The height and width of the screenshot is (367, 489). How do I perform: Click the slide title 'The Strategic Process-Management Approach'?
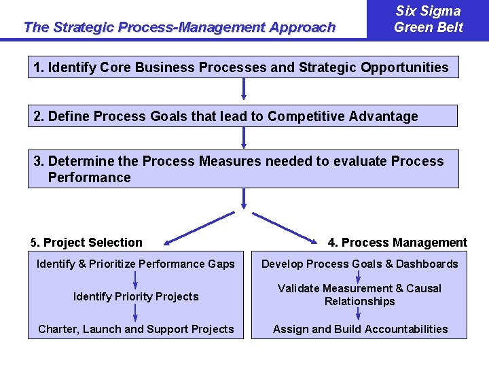(179, 27)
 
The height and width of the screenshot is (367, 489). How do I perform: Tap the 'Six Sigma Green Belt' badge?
(428, 19)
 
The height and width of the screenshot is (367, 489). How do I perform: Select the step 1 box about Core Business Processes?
(242, 67)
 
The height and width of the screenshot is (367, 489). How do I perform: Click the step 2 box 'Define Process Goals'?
(242, 116)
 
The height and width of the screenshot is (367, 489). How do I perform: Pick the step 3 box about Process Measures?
(242, 169)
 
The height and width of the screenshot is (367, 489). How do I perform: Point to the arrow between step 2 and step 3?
(243, 137)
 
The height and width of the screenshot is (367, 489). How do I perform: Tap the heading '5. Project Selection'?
(87, 243)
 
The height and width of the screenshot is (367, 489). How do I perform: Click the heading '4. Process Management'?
(397, 243)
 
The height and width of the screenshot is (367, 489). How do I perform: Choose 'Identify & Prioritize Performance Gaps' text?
(136, 264)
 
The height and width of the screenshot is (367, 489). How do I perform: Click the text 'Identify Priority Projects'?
(136, 296)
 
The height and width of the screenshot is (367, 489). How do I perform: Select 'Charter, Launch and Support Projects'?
(136, 329)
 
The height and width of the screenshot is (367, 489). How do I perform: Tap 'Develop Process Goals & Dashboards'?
(360, 264)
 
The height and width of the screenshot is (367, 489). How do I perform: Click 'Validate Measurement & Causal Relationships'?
(360, 295)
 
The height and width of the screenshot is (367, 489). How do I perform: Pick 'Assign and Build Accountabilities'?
(360, 329)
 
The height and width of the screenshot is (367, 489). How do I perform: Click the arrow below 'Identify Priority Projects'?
(136, 313)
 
